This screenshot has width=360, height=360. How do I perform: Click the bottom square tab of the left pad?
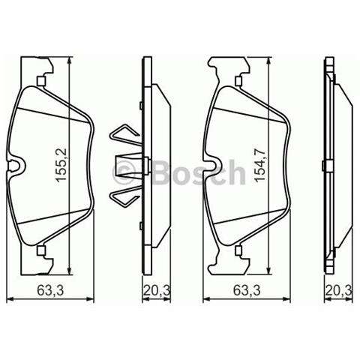click(x=42, y=250)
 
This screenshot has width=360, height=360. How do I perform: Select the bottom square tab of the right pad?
click(x=238, y=250)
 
